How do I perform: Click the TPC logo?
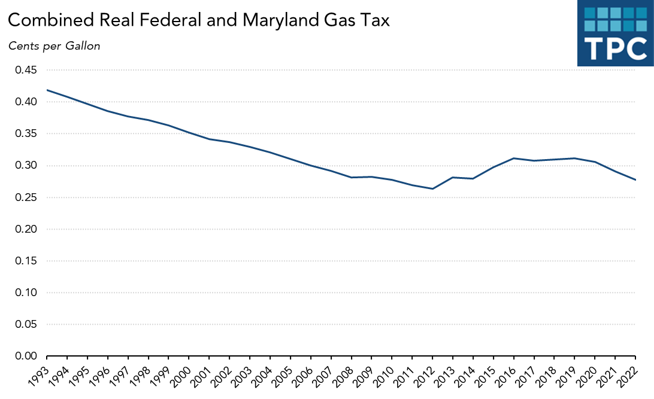point(615,33)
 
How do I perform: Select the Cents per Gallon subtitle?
point(54,46)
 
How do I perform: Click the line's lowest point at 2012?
point(432,189)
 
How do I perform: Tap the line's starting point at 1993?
point(47,90)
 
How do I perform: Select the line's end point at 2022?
point(635,180)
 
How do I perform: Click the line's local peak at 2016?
point(513,159)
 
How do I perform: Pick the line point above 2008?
point(351,178)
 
